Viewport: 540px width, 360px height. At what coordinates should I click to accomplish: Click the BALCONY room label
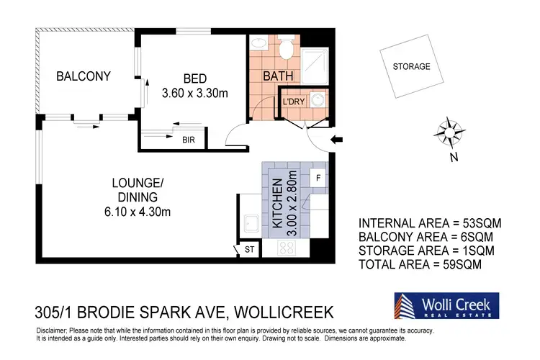[x=83, y=76]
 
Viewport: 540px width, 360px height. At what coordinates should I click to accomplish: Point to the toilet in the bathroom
[x=287, y=48]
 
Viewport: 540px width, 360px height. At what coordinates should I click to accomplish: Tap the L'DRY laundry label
[x=294, y=102]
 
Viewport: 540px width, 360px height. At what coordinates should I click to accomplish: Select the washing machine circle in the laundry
[x=318, y=100]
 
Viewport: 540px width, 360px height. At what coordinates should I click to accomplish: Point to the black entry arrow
[x=336, y=140]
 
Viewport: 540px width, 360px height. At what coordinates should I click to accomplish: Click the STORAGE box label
[x=411, y=67]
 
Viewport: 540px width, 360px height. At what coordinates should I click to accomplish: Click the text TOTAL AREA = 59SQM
[x=419, y=264]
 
